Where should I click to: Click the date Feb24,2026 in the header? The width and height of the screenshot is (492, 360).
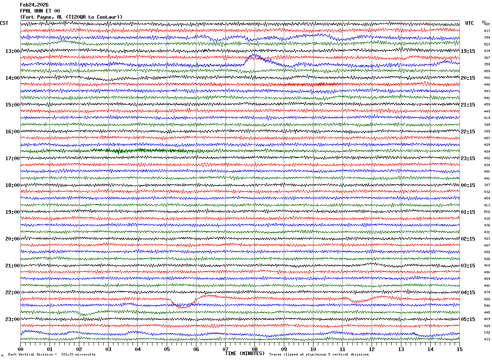click(34, 5)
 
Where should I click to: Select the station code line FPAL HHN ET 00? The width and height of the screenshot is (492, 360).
click(40, 11)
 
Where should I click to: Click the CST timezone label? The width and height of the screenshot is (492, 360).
click(4, 23)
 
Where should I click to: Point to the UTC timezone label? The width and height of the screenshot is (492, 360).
click(470, 23)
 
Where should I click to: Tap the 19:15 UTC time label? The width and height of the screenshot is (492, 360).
click(468, 51)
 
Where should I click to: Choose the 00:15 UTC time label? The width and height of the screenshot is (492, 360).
click(468, 185)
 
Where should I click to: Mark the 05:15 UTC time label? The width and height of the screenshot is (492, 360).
click(468, 319)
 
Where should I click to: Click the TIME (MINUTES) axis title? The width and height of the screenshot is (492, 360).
click(245, 353)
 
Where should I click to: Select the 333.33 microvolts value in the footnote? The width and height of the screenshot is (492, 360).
click(78, 355)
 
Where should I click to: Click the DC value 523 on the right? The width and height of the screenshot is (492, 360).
click(487, 44)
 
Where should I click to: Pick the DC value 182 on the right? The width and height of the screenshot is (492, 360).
click(487, 333)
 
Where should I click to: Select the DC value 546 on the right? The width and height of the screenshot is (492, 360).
click(487, 306)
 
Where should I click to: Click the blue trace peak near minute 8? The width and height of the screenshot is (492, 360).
click(254, 54)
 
